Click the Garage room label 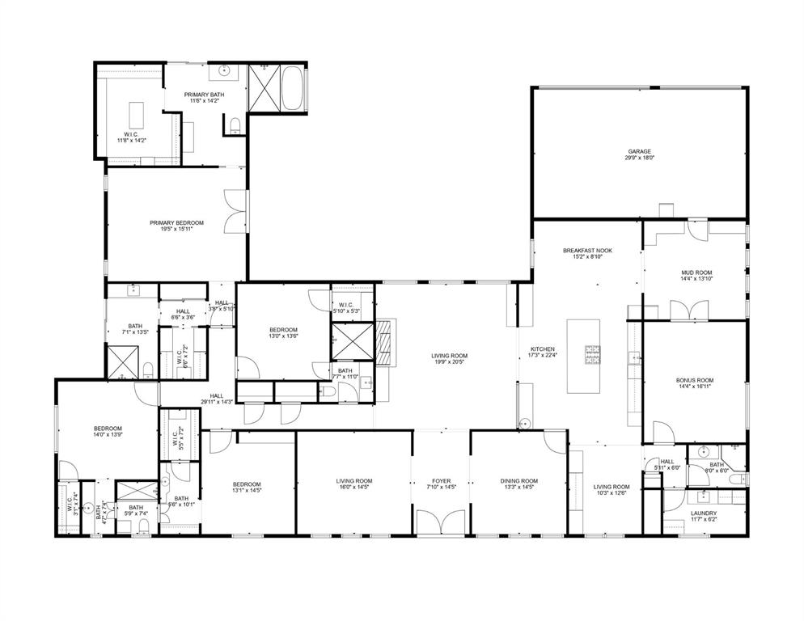coord(639,151)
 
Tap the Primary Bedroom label coord(176,222)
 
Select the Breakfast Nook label coord(587,251)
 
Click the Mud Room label coord(696,273)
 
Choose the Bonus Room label coord(695,379)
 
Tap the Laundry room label coord(704,513)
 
